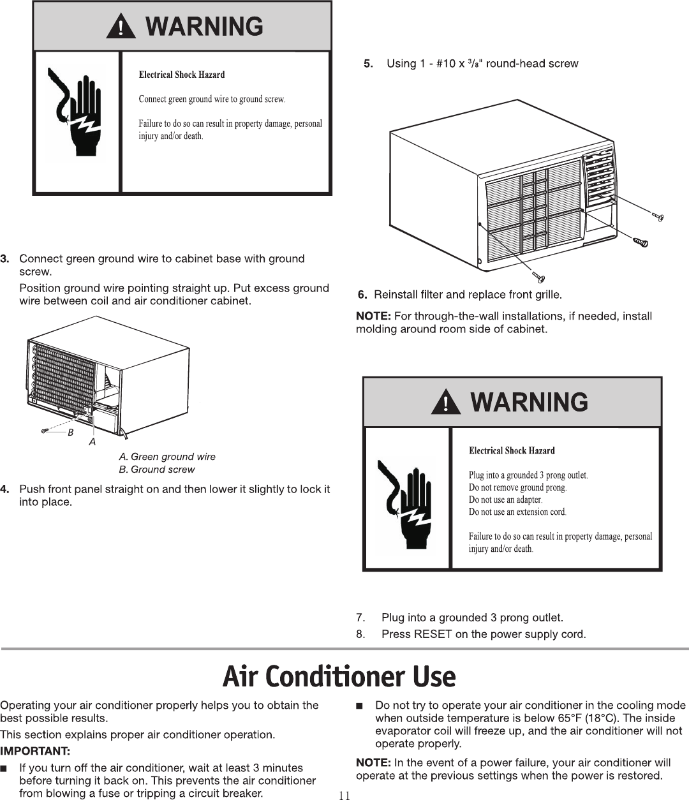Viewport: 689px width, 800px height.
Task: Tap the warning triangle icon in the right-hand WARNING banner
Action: [446, 403]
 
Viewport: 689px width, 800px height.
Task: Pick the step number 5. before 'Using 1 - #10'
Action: [368, 64]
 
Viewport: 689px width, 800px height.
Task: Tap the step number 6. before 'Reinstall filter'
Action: [362, 295]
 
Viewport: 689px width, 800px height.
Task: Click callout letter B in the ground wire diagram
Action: [71, 432]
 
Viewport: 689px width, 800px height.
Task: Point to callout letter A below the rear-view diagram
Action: [93, 441]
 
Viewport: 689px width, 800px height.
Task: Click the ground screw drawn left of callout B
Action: [46, 431]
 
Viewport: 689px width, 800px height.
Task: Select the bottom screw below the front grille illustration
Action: [540, 277]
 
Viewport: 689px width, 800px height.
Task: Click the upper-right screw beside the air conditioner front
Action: [658, 217]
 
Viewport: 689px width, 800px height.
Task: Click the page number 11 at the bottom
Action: [344, 795]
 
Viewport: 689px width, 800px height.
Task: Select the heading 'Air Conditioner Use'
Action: [339, 677]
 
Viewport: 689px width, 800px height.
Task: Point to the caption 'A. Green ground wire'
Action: [167, 457]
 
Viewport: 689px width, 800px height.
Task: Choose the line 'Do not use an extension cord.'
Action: [517, 512]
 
